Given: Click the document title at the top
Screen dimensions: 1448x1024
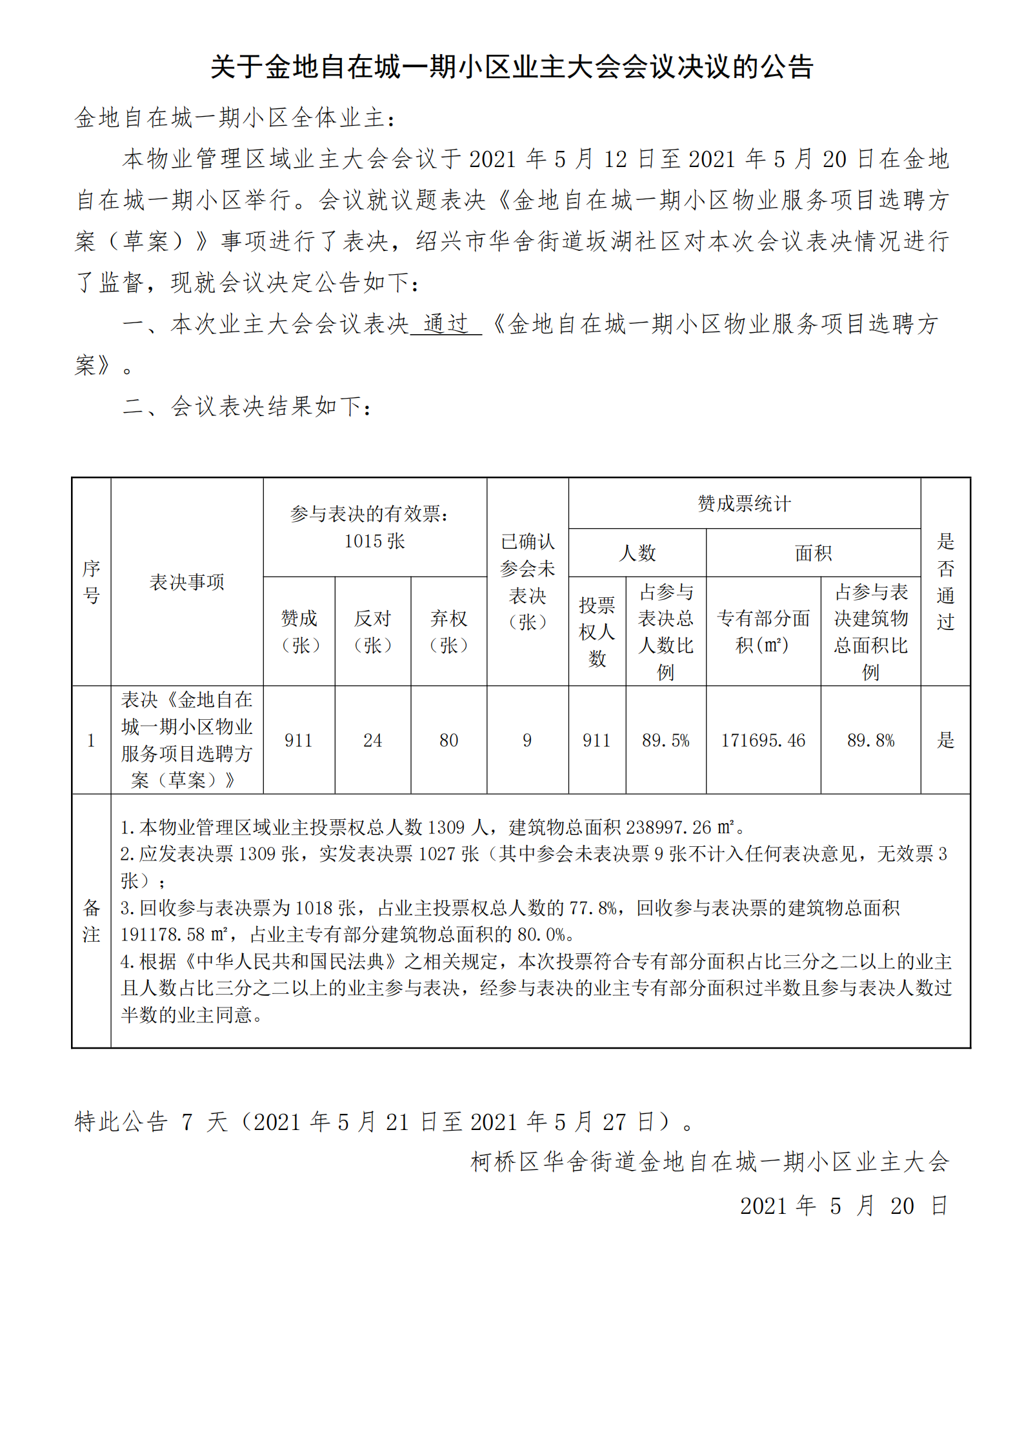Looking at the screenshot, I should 512,66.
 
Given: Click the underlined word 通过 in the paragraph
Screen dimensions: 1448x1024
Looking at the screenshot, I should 446,323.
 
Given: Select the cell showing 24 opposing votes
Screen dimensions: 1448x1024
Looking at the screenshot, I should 372,740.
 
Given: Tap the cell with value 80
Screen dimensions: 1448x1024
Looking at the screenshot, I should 448,740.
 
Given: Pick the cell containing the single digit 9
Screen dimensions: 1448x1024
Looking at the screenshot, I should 527,740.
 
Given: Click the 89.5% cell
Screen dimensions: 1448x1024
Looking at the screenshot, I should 665,740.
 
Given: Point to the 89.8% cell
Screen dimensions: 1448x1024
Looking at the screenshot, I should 870,740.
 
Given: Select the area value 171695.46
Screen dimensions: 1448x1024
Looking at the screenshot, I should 763,740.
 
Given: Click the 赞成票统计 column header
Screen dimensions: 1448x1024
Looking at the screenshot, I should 744,504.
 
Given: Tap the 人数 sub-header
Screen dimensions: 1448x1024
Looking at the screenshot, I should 637,553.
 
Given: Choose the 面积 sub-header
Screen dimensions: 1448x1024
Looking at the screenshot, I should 813,553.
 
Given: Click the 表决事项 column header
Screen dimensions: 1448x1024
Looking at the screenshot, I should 186,582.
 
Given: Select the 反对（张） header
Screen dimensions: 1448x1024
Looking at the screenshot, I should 372,631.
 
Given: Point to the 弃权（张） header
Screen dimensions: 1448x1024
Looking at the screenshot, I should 448,631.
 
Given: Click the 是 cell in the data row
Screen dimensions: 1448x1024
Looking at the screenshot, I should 945,740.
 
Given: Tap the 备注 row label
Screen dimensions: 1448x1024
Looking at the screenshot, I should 91,921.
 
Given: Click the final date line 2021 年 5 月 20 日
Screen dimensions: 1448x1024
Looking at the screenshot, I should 843,1205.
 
